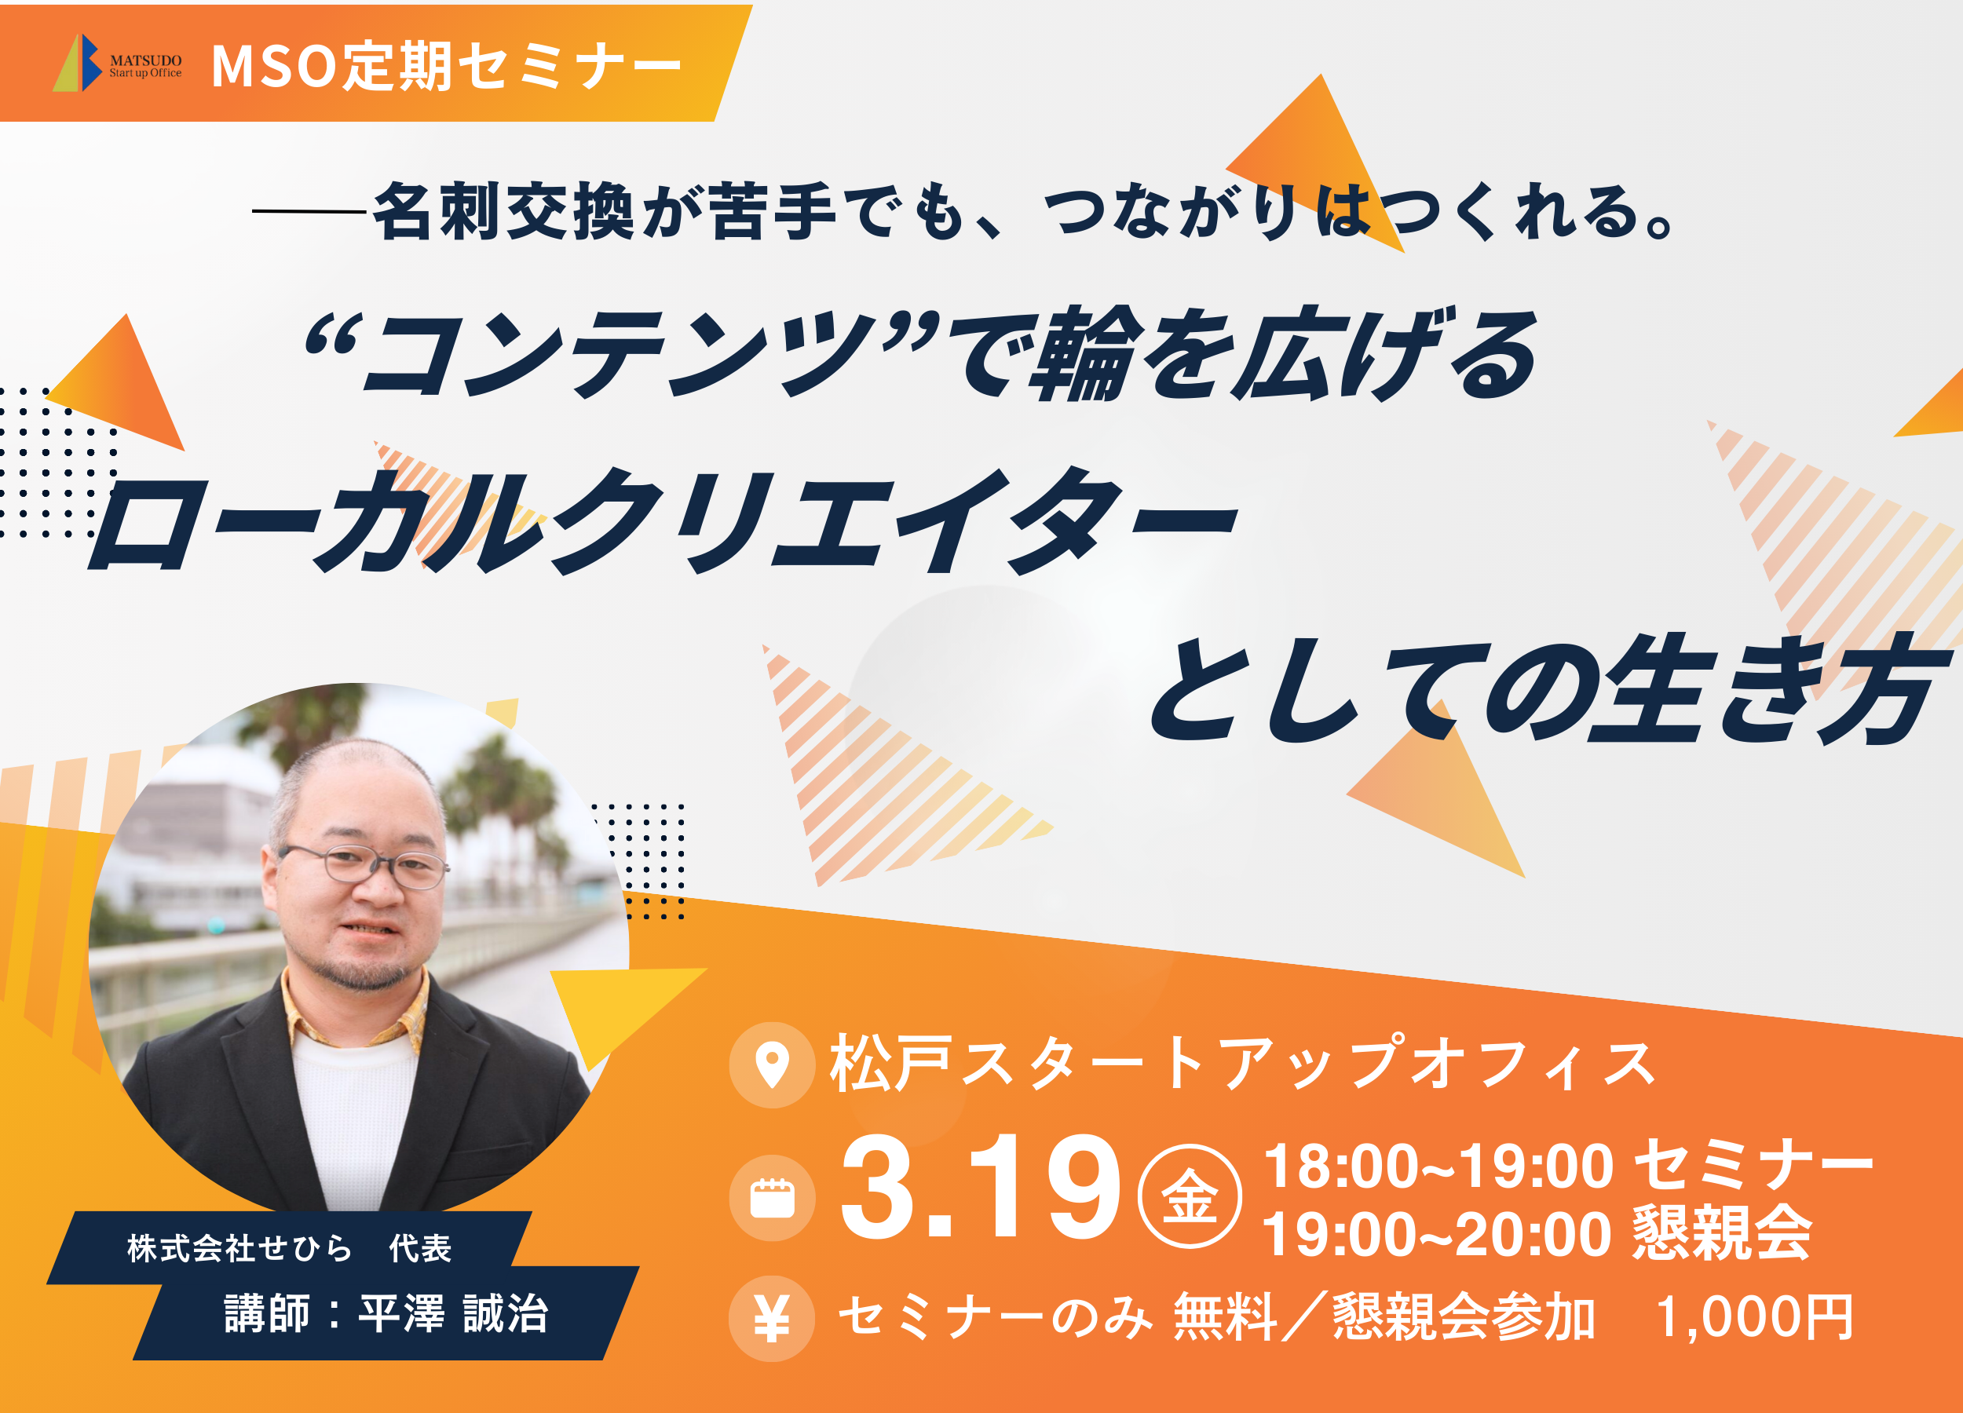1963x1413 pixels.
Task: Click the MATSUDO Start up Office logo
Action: [x=118, y=63]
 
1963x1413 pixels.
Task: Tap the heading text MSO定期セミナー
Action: [x=447, y=66]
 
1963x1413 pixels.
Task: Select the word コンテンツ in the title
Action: [x=623, y=354]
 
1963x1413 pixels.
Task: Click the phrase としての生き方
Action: [x=1549, y=690]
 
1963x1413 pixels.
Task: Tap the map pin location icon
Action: [x=772, y=1064]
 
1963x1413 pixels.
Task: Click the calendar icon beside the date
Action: [x=772, y=1199]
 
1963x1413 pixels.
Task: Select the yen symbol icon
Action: [x=772, y=1318]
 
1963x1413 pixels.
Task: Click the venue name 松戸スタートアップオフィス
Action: [x=1243, y=1063]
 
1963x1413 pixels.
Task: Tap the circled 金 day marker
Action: [x=1190, y=1196]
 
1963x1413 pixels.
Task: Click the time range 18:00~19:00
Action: [x=1438, y=1167]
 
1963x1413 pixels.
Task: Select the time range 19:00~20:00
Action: [x=1438, y=1234]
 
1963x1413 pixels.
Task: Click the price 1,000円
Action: [x=1755, y=1318]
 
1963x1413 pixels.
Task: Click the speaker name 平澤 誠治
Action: [x=454, y=1313]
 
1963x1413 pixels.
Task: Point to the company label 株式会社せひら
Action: [x=239, y=1247]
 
